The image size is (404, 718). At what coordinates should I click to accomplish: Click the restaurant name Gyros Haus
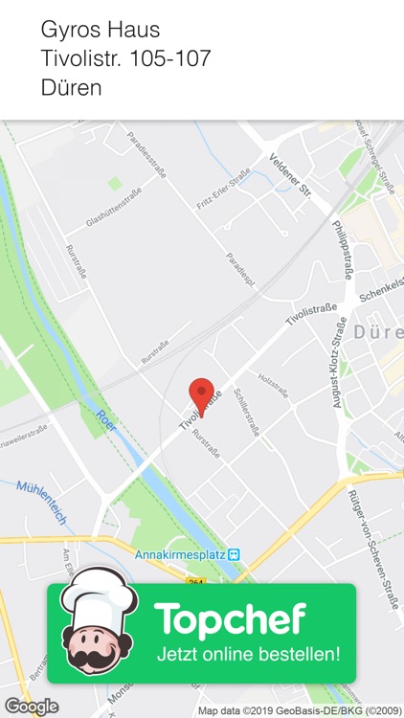[101, 31]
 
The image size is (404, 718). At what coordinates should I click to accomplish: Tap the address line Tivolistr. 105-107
[125, 58]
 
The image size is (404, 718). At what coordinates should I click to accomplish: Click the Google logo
[32, 707]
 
